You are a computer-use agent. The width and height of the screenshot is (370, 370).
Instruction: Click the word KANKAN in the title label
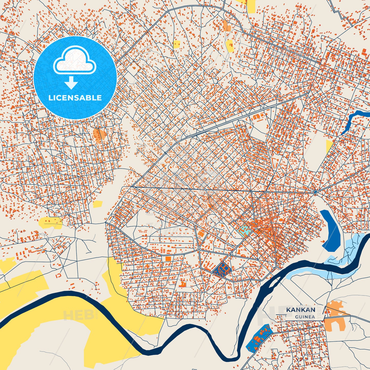[301, 310]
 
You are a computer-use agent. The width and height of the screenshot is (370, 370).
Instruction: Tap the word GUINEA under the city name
[305, 317]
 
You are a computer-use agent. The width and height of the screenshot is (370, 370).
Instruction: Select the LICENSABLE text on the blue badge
[75, 98]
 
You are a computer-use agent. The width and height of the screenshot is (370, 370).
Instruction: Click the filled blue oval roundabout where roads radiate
[315, 192]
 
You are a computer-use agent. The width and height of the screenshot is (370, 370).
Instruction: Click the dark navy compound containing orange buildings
[222, 269]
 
